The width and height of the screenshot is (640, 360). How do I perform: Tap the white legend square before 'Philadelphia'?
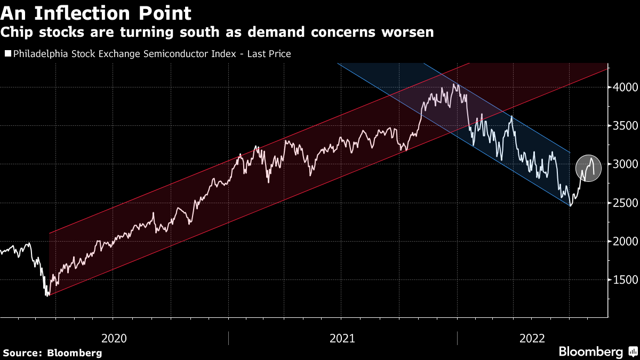pyautogui.click(x=7, y=54)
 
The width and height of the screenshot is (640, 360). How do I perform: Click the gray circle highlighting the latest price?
pyautogui.click(x=588, y=167)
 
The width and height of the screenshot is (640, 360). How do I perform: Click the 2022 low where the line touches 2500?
pyautogui.click(x=571, y=205)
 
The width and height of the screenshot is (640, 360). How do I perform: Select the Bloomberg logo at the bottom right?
pyautogui.click(x=597, y=352)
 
